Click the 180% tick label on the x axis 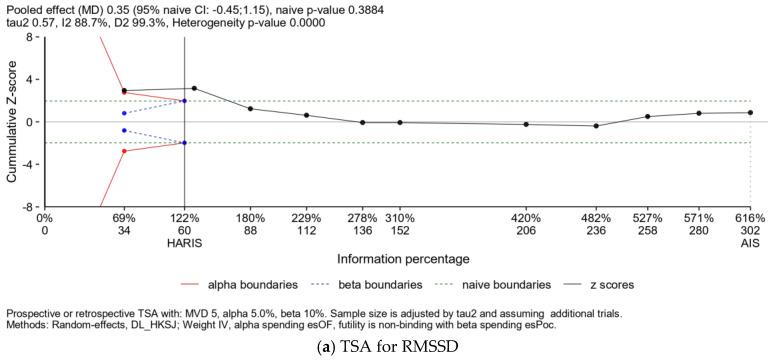(x=250, y=218)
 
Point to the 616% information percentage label (x=750, y=218)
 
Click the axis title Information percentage (x=399, y=263)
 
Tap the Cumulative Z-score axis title (x=11, y=121)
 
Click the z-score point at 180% (x=250, y=109)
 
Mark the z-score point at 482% (x=596, y=126)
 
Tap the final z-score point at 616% (x=750, y=112)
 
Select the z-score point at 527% (x=648, y=116)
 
